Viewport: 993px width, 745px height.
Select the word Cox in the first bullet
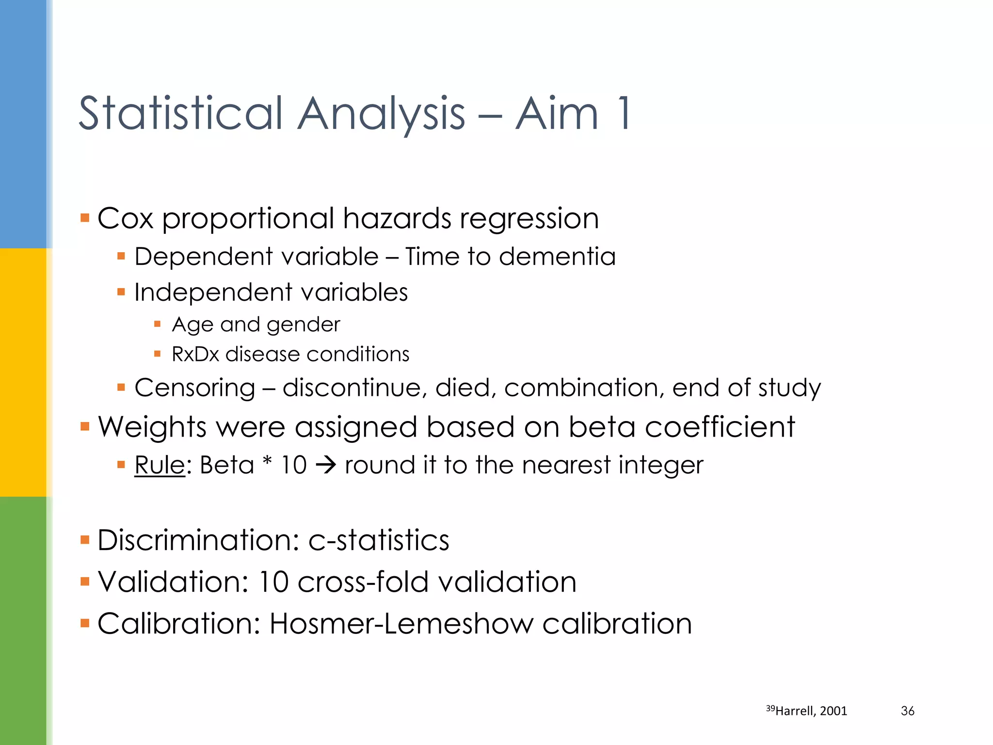pos(126,218)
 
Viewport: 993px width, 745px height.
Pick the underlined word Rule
pos(160,465)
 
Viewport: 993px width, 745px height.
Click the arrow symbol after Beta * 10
pos(326,465)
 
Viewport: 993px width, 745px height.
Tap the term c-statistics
pos(379,540)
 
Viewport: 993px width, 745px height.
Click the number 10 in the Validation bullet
pos(273,582)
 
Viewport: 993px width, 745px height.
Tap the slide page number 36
pos(907,711)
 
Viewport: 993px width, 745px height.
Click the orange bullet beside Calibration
pos(85,623)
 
